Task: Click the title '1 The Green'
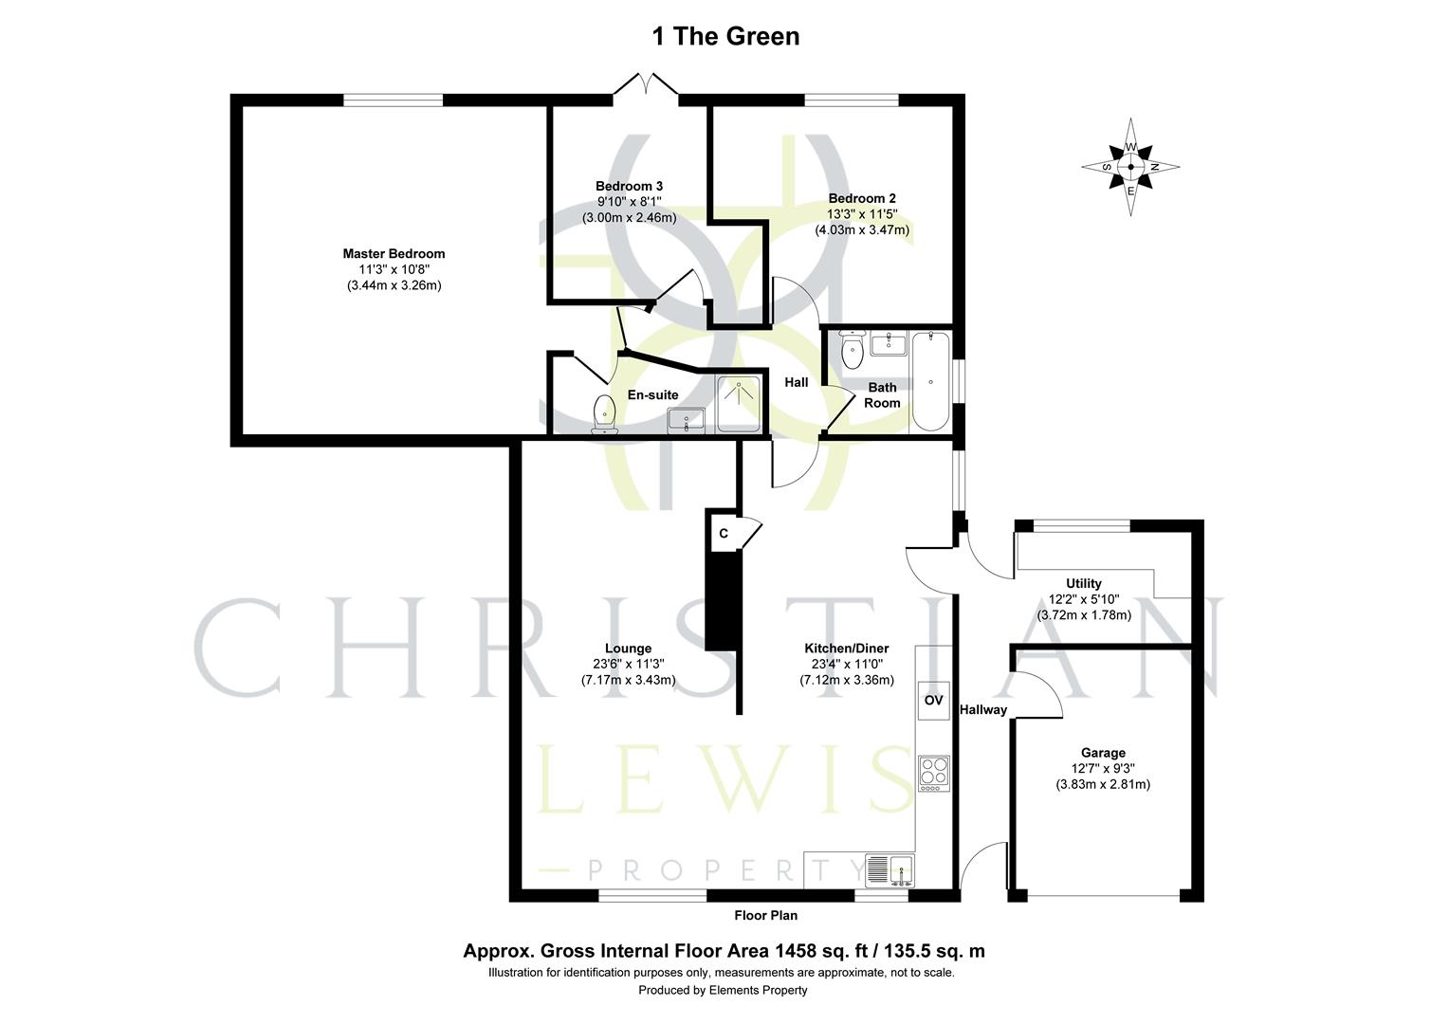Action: coord(725,36)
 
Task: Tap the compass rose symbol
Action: coord(1130,167)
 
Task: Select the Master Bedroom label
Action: coord(394,254)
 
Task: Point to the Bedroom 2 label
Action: coord(862,198)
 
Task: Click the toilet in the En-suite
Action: coord(604,415)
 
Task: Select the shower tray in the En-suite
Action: coord(738,404)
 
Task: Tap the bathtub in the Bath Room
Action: coord(930,381)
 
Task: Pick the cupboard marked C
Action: coord(724,534)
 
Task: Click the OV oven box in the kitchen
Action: coord(933,701)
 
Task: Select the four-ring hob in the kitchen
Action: coord(933,773)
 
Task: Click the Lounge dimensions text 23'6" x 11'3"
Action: coord(628,664)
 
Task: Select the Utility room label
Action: coord(1083,583)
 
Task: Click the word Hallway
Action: coord(982,710)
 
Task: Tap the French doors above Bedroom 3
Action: coord(645,86)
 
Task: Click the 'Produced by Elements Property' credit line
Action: coord(723,990)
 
